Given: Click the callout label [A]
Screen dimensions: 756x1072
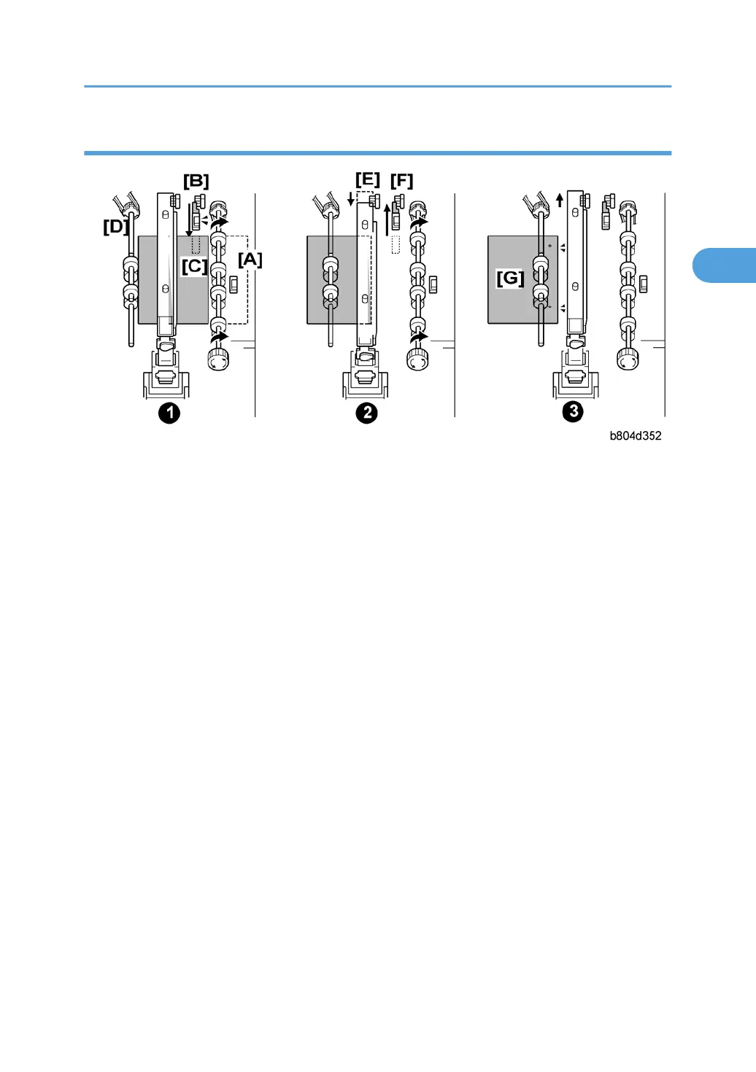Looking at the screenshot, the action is coord(250,260).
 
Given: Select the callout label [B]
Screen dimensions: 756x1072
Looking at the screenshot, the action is coord(196,181).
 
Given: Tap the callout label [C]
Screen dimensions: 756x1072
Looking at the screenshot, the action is coord(194,266).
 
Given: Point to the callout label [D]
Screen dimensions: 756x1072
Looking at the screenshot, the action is coord(115,227).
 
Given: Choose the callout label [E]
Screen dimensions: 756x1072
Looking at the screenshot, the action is coord(367,179).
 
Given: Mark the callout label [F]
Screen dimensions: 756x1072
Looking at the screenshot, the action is coord(401,181).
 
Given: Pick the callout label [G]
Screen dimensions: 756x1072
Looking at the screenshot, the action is coord(510,278).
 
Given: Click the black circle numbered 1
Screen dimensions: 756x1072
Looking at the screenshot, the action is coord(169,413).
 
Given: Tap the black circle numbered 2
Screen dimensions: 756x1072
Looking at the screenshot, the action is coord(366,413).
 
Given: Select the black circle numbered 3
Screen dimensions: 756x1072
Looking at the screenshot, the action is coord(574,411).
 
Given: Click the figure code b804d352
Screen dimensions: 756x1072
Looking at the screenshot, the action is coord(636,436).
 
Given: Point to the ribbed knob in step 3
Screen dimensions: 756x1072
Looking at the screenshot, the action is coord(628,359).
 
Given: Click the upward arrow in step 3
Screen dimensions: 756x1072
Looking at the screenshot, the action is coord(560,200).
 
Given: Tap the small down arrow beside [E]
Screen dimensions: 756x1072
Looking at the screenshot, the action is coord(351,198).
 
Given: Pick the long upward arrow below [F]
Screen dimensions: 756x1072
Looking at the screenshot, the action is coord(387,219).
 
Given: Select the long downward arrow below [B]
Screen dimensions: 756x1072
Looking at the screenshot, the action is coord(189,220).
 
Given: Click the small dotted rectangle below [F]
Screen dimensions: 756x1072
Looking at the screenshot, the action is coord(396,244).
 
